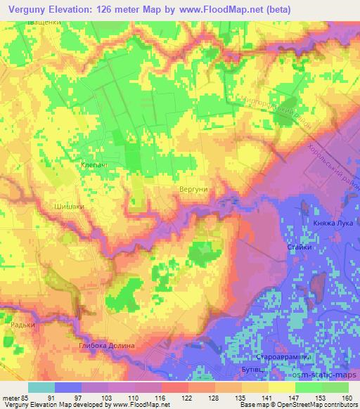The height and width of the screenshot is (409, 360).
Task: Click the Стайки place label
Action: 300,247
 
